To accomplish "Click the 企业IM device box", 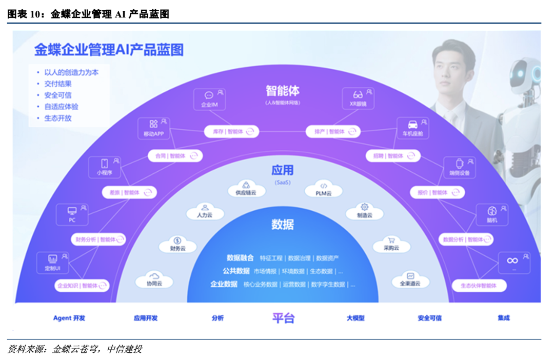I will [x=209, y=98].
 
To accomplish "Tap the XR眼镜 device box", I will [x=358, y=98].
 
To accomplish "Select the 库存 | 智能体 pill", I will [x=231, y=132].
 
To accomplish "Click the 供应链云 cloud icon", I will [x=246, y=188].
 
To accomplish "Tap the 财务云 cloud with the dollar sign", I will [x=177, y=244].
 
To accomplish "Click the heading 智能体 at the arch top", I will [x=282, y=91].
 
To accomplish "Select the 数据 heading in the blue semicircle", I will [x=283, y=224].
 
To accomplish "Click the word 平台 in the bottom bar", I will [x=283, y=318].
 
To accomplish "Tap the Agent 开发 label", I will [x=69, y=318].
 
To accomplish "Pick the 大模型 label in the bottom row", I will [x=355, y=318].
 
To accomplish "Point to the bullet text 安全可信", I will [x=57, y=95].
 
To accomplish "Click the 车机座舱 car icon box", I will [x=412, y=128].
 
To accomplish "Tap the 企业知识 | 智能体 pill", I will [x=82, y=286].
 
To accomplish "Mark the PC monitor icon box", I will [x=72, y=214].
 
